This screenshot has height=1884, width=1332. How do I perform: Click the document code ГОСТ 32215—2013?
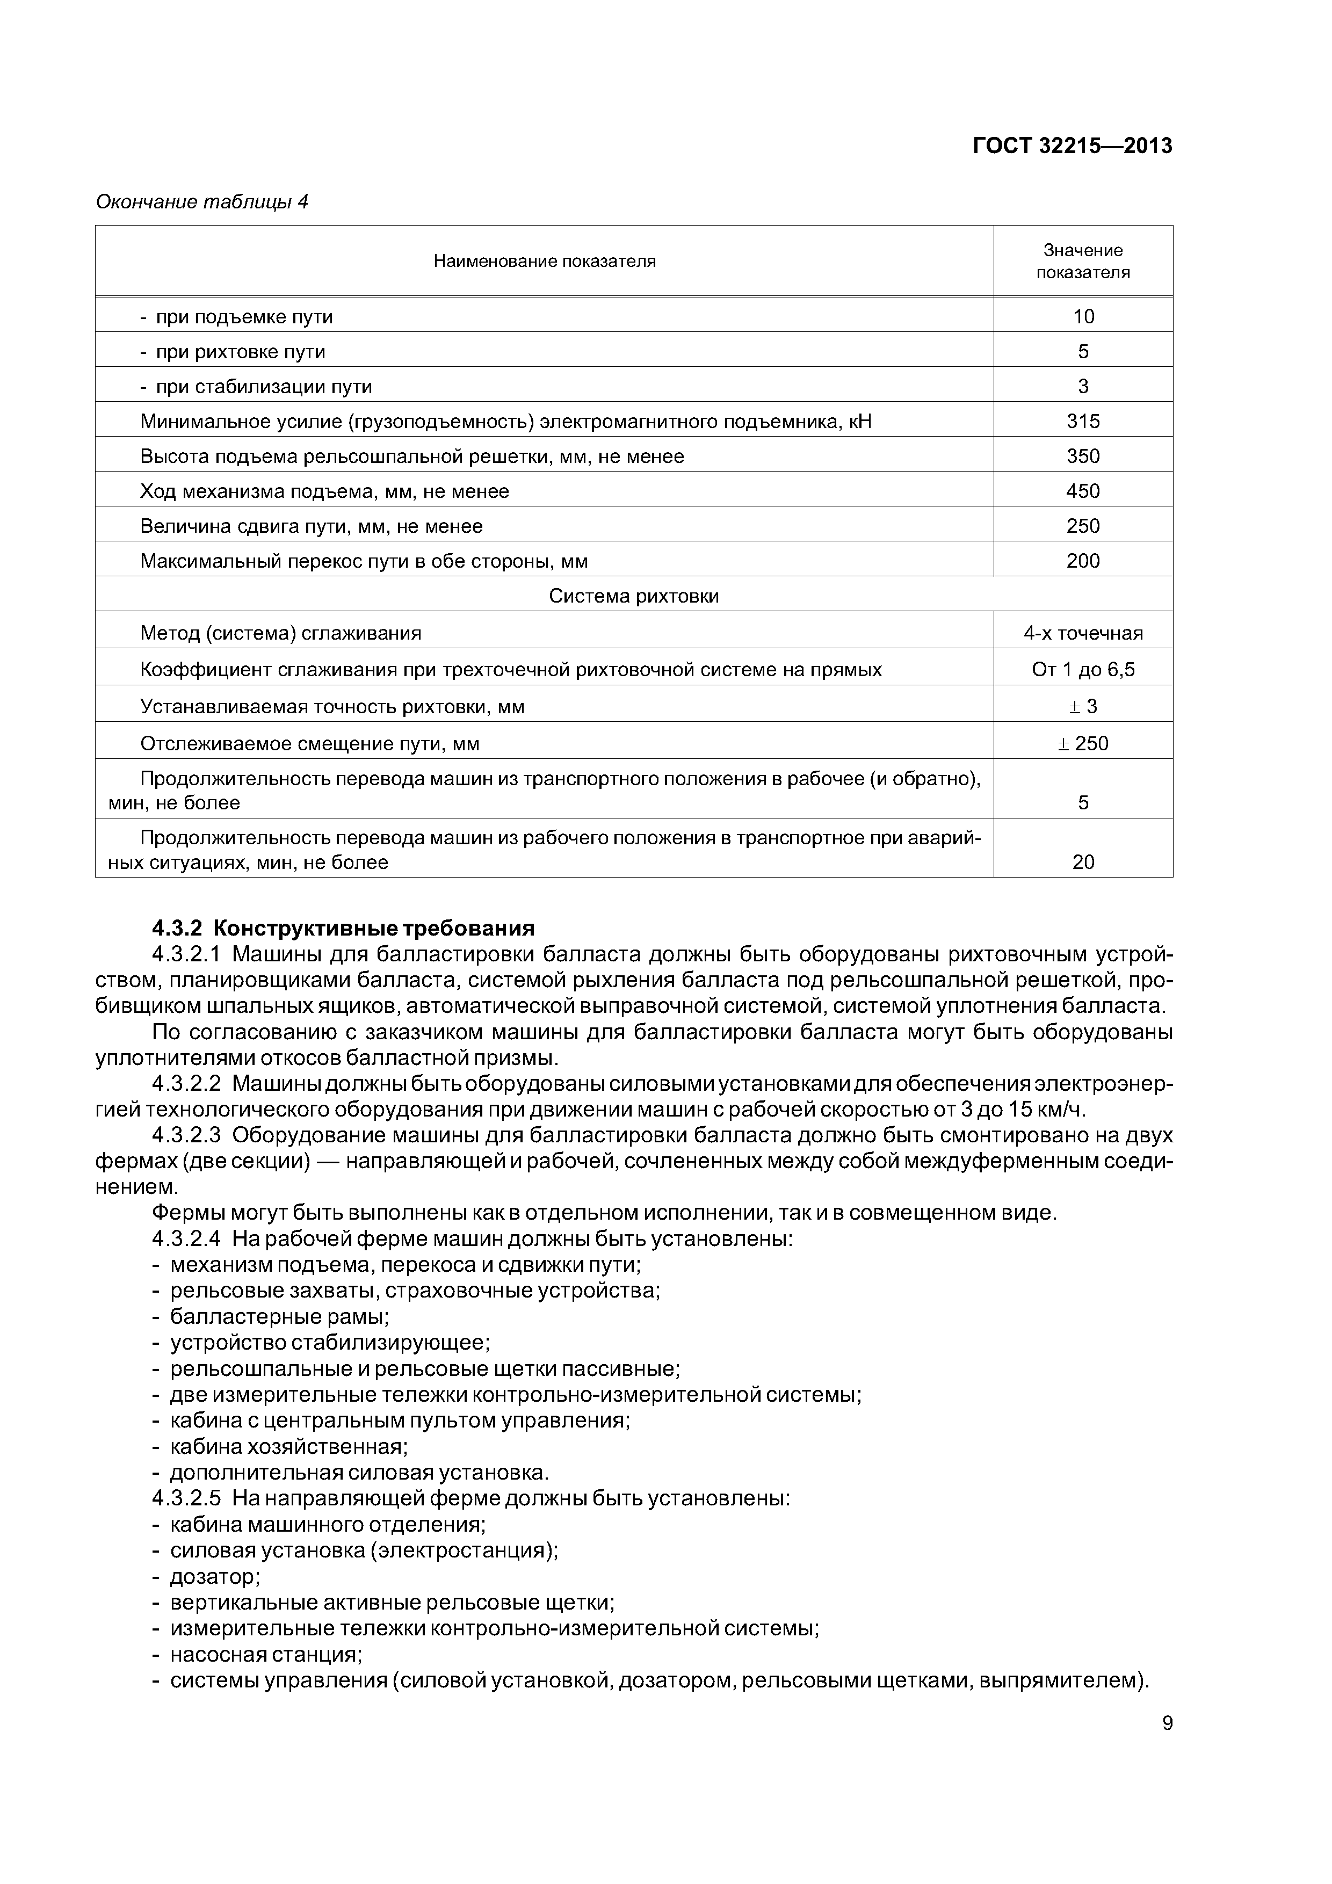[x=1072, y=146]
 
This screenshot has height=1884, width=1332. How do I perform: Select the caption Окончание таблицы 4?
[x=202, y=202]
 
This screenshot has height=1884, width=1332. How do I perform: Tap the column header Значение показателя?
[x=1082, y=261]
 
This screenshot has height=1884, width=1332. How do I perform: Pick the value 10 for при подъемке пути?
[x=1082, y=317]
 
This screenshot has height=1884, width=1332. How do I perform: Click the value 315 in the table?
[x=1082, y=422]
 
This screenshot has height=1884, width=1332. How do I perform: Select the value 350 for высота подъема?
[x=1082, y=456]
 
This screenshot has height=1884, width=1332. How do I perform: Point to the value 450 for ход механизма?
[x=1082, y=491]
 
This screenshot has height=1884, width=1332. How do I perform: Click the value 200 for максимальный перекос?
[x=1082, y=561]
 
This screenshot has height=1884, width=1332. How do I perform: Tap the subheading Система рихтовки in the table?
[x=634, y=597]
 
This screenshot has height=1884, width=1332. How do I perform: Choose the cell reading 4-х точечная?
[x=1082, y=634]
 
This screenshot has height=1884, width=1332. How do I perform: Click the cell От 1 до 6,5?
[x=1082, y=670]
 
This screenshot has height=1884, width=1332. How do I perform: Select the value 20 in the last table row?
[x=1082, y=863]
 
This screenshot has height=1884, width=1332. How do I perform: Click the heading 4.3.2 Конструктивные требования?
[x=343, y=928]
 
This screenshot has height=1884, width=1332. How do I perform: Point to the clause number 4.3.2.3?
[x=186, y=1136]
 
